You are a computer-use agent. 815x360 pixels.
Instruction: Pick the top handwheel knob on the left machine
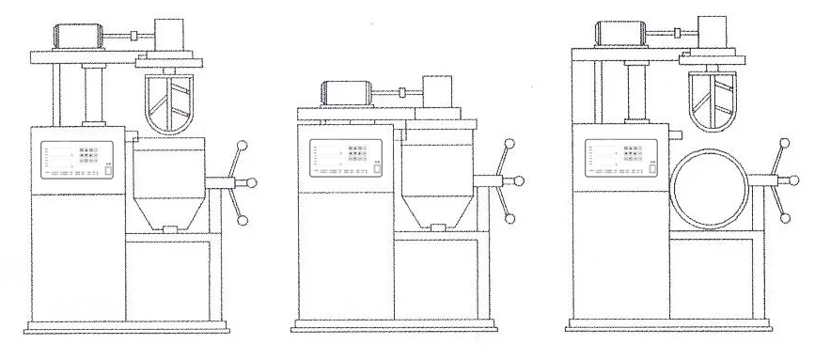(243, 144)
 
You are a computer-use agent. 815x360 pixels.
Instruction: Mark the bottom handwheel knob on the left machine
(243, 221)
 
